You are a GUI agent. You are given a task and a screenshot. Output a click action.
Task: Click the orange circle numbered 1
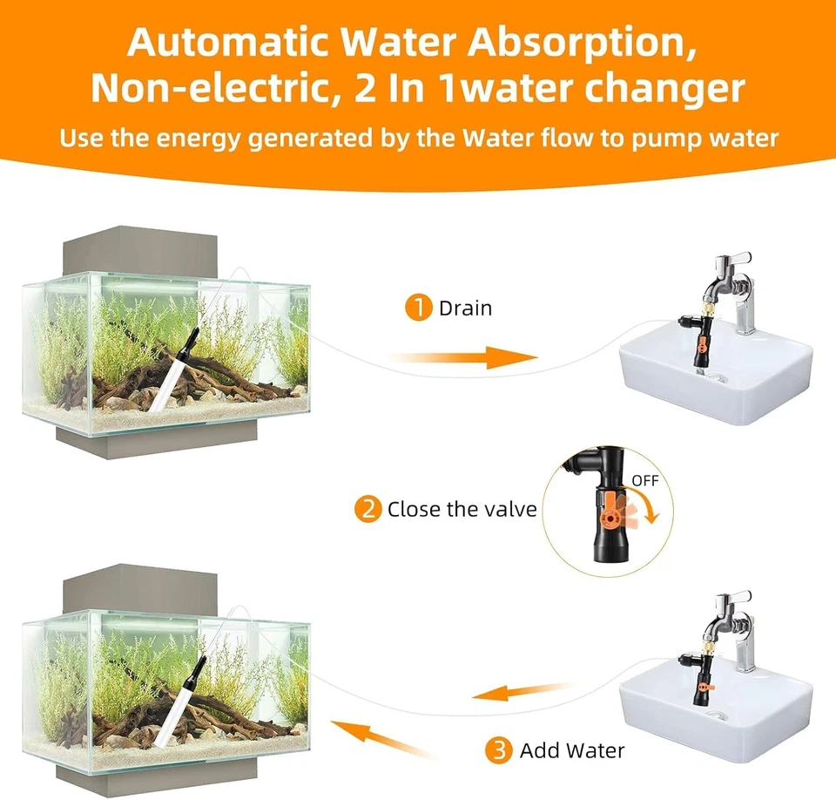click(420, 308)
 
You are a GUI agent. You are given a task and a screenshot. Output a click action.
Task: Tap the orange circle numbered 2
click(368, 509)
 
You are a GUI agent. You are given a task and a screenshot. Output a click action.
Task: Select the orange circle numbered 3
click(501, 749)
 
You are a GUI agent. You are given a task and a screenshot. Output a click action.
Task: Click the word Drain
click(465, 308)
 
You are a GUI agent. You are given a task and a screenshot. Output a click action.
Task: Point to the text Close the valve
click(462, 509)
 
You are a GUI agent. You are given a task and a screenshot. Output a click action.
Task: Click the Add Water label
click(572, 749)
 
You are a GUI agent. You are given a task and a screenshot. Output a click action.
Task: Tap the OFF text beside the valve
click(645, 480)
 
